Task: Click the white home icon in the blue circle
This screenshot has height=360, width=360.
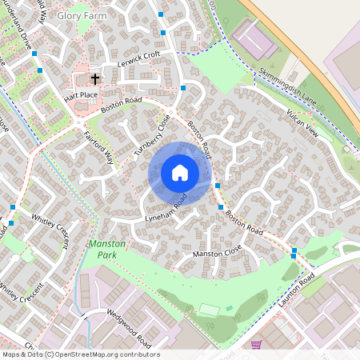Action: point(179,173)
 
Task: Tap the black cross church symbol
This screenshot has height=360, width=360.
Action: point(95,78)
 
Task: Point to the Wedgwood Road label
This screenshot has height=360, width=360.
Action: point(128,323)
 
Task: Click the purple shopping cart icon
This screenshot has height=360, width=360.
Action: point(256,345)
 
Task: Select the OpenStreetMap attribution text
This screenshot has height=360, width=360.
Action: point(80,354)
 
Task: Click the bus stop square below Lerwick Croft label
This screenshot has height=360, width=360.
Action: point(183,86)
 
